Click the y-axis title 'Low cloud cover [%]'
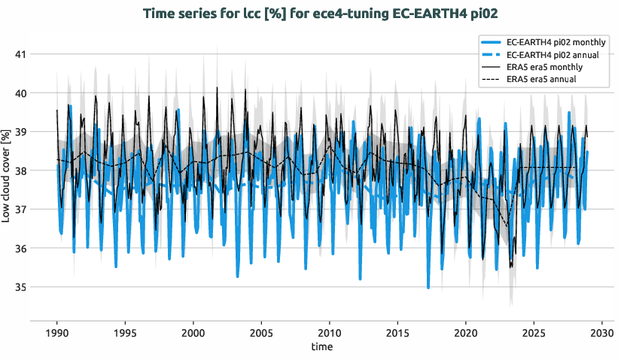[7, 175]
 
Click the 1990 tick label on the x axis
[57, 333]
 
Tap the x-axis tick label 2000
[193, 333]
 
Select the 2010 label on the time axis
[330, 333]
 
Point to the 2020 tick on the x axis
[466, 333]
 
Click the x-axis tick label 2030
[602, 333]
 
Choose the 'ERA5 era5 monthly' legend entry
[545, 67]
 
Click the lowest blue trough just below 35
[428, 288]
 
